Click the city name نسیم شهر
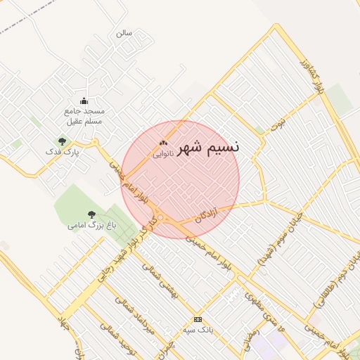click(208, 147)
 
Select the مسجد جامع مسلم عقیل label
click(84, 116)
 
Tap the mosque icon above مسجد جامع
click(84, 101)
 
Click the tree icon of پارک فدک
click(63, 141)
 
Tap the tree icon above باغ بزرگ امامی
click(91, 214)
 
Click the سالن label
click(124, 33)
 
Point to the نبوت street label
click(280, 124)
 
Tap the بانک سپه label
click(198, 329)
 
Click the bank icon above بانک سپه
click(198, 319)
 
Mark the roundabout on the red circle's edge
click(161, 218)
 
